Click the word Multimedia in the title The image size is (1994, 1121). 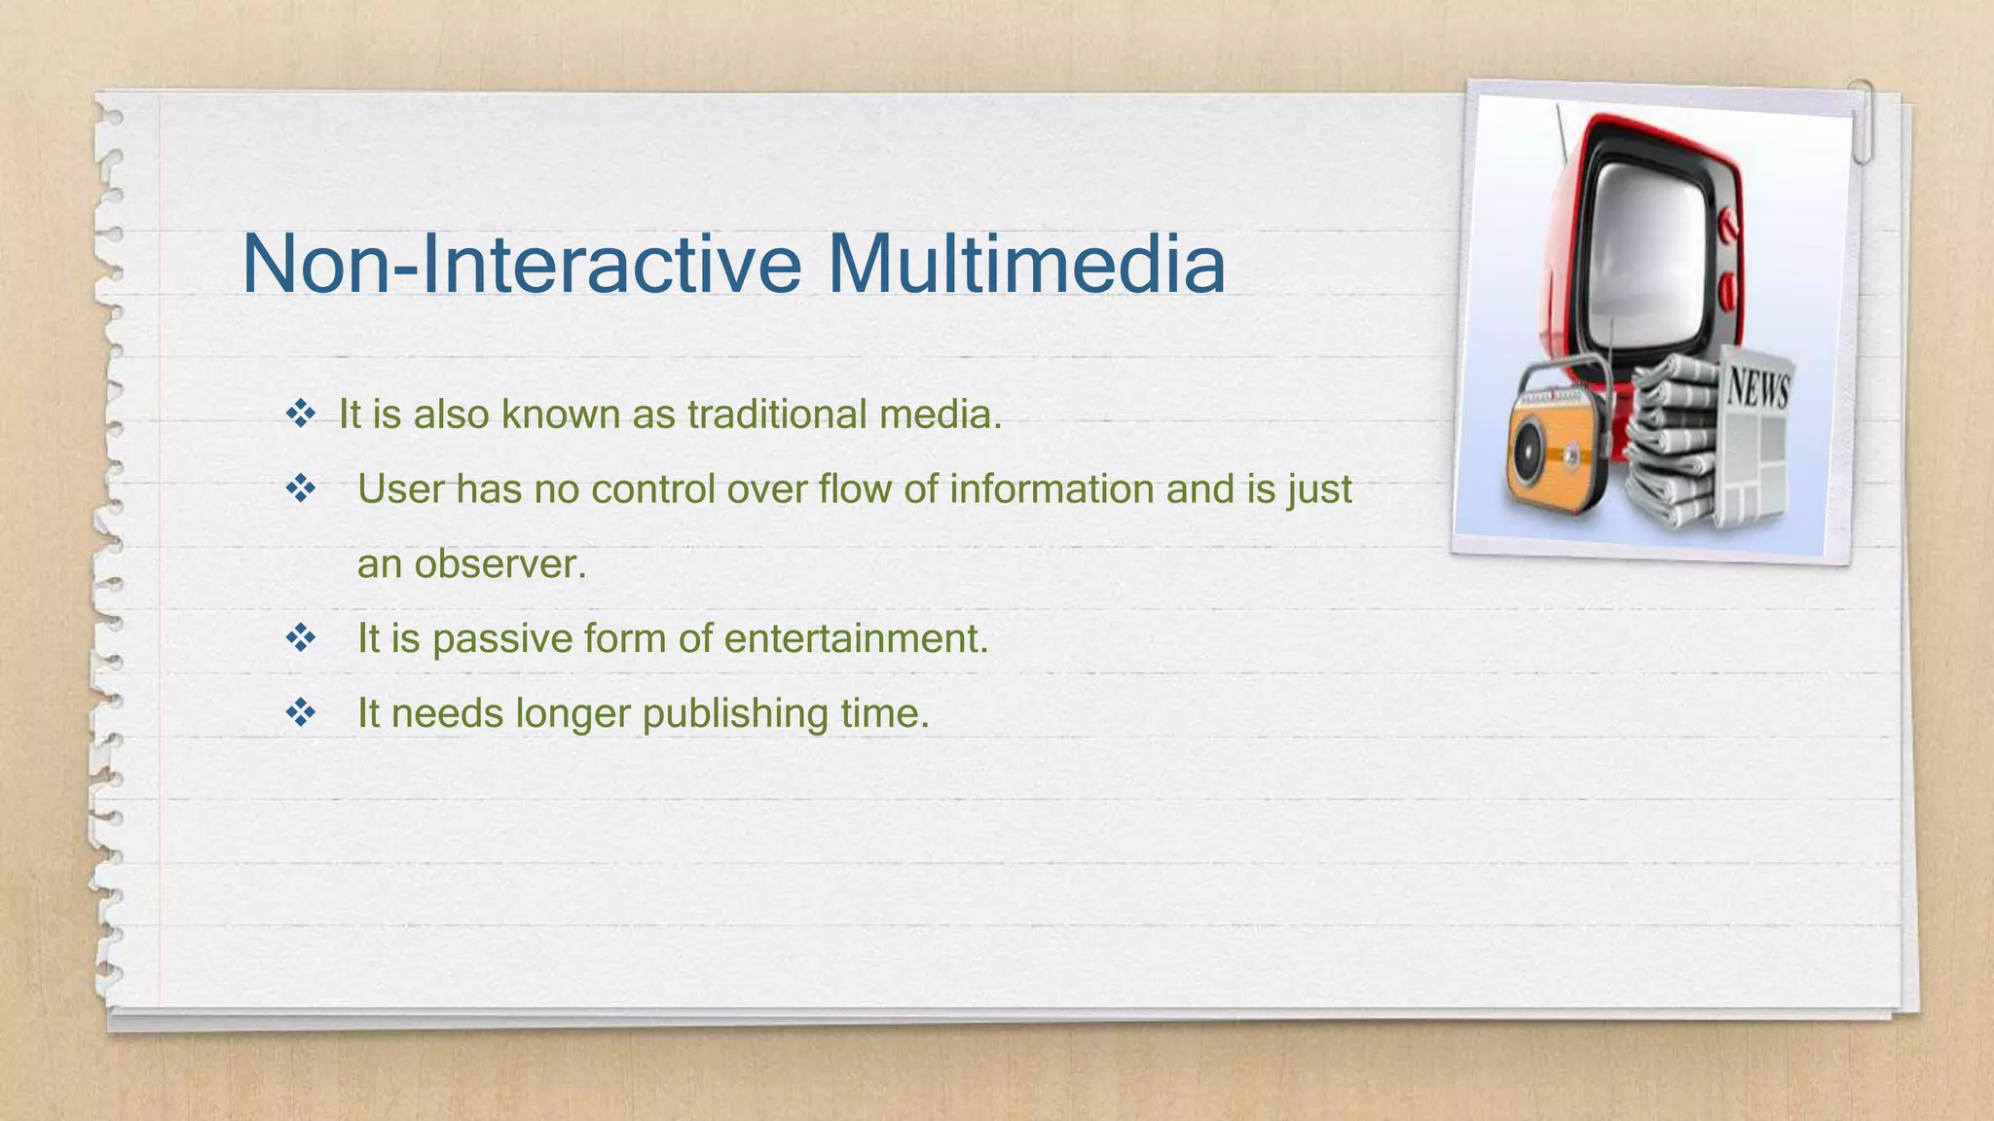click(1026, 264)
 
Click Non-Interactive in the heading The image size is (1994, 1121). click(521, 264)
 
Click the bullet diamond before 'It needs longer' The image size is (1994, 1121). click(301, 713)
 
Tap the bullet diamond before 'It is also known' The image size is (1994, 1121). click(301, 415)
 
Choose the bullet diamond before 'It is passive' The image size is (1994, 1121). click(301, 639)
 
